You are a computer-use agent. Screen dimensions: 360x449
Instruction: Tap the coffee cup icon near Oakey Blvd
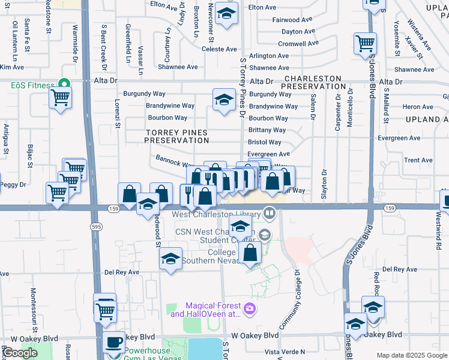click(113, 343)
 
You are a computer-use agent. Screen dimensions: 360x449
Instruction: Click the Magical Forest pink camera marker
click(250, 310)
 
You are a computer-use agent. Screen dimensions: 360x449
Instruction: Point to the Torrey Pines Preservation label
click(176, 136)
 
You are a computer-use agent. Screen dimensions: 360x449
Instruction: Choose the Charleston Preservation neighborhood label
click(313, 82)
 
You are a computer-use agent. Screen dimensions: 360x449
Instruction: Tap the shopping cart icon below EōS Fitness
click(61, 97)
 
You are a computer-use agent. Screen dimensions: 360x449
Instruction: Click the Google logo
click(20, 353)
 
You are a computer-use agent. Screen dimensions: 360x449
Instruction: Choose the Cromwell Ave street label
click(298, 44)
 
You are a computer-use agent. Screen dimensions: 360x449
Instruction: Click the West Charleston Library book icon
click(270, 213)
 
